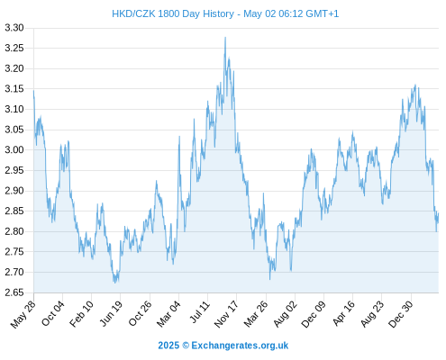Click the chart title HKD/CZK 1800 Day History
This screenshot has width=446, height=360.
pyautogui.click(x=173, y=13)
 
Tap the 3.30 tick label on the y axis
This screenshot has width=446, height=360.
pyautogui.click(x=14, y=28)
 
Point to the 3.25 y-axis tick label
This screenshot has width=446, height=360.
pyautogui.click(x=14, y=48)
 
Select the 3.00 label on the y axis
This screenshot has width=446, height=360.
pyautogui.click(x=14, y=149)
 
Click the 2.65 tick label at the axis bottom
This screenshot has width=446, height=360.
pyautogui.click(x=14, y=292)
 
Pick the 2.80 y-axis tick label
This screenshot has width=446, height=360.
pyautogui.click(x=14, y=231)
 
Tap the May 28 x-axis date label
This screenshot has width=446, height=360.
pyautogui.click(x=23, y=314)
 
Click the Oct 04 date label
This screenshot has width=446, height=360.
pyautogui.click(x=53, y=313)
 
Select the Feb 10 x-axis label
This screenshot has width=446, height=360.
pyautogui.click(x=81, y=314)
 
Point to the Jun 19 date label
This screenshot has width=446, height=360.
pyautogui.click(x=111, y=313)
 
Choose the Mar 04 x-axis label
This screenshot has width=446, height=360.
pyautogui.click(x=168, y=314)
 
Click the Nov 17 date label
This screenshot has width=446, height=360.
pyautogui.click(x=226, y=314)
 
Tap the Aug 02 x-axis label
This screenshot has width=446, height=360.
pyautogui.click(x=285, y=314)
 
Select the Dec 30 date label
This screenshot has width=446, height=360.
pyautogui.click(x=401, y=314)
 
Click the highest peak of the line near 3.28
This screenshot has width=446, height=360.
pyautogui.click(x=225, y=38)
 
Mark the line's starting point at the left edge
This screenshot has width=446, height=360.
pyautogui.click(x=33, y=90)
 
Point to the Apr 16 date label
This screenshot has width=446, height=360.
pyautogui.click(x=343, y=314)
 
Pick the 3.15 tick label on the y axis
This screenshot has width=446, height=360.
pyautogui.click(x=14, y=89)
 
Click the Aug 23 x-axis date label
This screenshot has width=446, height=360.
pyautogui.click(x=372, y=314)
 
